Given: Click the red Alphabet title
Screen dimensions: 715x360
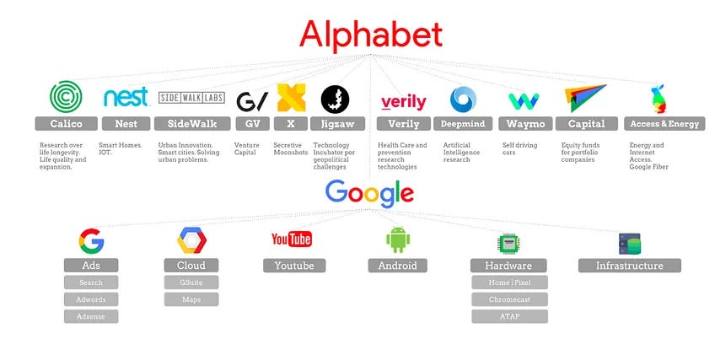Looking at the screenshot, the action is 371,35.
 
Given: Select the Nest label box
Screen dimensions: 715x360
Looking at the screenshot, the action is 126,124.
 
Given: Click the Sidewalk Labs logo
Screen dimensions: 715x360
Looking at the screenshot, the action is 191,98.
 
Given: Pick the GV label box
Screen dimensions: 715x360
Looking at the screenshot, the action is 252,124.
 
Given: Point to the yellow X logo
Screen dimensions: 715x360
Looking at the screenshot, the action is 291,99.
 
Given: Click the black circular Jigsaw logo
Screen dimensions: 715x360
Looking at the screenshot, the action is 335,99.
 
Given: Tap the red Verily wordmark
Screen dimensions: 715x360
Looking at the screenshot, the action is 403,102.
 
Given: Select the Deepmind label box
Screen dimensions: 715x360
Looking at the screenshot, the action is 463,124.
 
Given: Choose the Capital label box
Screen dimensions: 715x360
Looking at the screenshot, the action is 586,124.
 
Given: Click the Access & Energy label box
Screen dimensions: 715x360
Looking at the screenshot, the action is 664,124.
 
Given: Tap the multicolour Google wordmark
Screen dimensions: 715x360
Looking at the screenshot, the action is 369,193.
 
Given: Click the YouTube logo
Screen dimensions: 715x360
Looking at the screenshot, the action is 292,240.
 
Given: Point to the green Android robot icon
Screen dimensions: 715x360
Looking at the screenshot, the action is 397,240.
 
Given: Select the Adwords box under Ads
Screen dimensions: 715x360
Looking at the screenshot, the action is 91,299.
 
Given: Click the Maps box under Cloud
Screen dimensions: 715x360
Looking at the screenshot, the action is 191,299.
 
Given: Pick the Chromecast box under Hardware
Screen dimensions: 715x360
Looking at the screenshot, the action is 509,299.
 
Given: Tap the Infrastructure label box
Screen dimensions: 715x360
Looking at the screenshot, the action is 629,266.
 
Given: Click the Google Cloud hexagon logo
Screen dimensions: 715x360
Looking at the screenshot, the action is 191,240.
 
